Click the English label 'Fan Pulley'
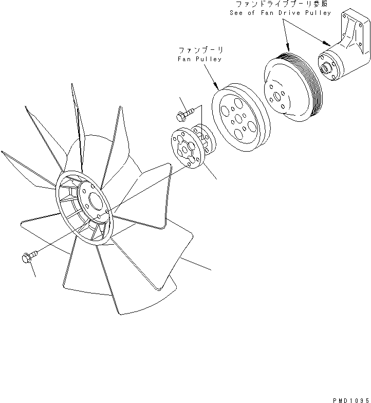pos(201,59)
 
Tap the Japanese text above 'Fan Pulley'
pos(200,50)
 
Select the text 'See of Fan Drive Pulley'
pos(280,12)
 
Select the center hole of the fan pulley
pos(239,119)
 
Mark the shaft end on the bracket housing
pos(325,68)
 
